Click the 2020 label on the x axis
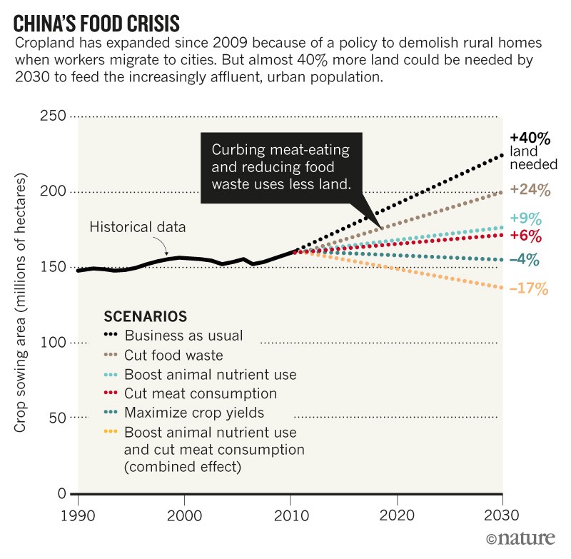tap(396, 515)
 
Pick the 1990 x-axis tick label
tap(79, 515)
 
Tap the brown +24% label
tap(530, 190)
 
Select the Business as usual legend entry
tap(183, 336)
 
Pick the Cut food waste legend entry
tap(173, 355)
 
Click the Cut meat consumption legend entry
tap(200, 393)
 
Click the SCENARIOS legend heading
tap(146, 316)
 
